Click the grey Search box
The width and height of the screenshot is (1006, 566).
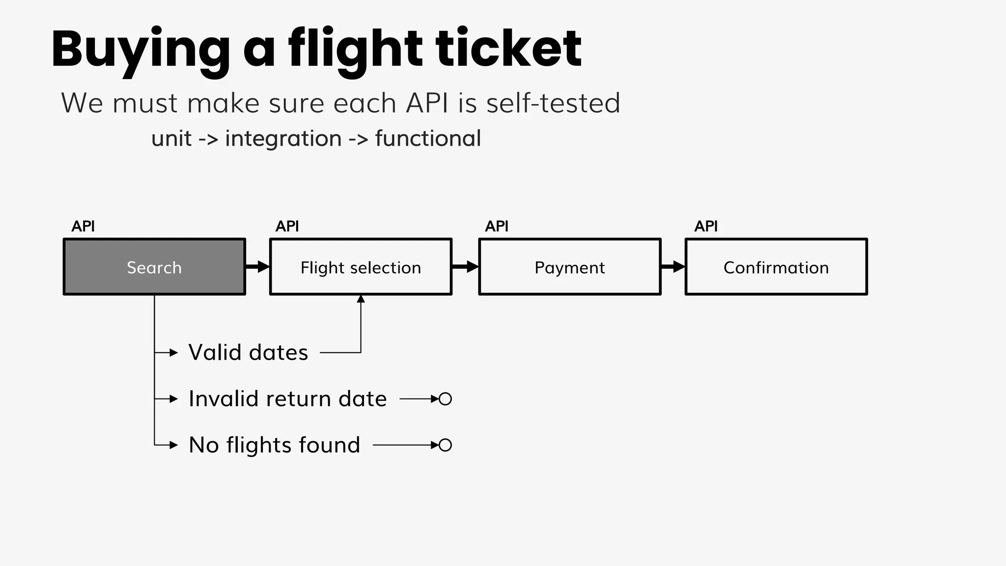coord(154,267)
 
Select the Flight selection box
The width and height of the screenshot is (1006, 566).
coord(361,267)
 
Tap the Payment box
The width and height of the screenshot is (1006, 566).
coord(569,267)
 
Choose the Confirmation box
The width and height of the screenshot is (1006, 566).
coord(776,267)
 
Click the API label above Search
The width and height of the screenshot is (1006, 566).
coord(83,226)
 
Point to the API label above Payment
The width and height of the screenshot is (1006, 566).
coord(497,226)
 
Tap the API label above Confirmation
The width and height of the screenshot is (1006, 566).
coord(706,226)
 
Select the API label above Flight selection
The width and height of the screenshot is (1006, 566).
coord(287,226)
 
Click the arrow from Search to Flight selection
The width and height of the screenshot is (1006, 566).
coord(258,267)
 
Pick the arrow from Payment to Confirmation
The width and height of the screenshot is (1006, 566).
coord(673,267)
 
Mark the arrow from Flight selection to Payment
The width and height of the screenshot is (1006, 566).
coord(465,267)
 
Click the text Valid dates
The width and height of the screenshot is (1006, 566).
coord(248,353)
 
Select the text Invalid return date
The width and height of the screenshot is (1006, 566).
coord(288,399)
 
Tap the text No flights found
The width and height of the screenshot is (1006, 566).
coord(275,445)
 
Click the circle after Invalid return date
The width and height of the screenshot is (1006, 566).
coord(445,399)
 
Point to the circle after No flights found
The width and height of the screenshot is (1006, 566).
coord(445,445)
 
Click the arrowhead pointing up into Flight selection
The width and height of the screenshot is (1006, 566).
coord(361,299)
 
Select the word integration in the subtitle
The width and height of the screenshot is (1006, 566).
coord(283,139)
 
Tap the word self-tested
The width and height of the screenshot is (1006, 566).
coord(553,103)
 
